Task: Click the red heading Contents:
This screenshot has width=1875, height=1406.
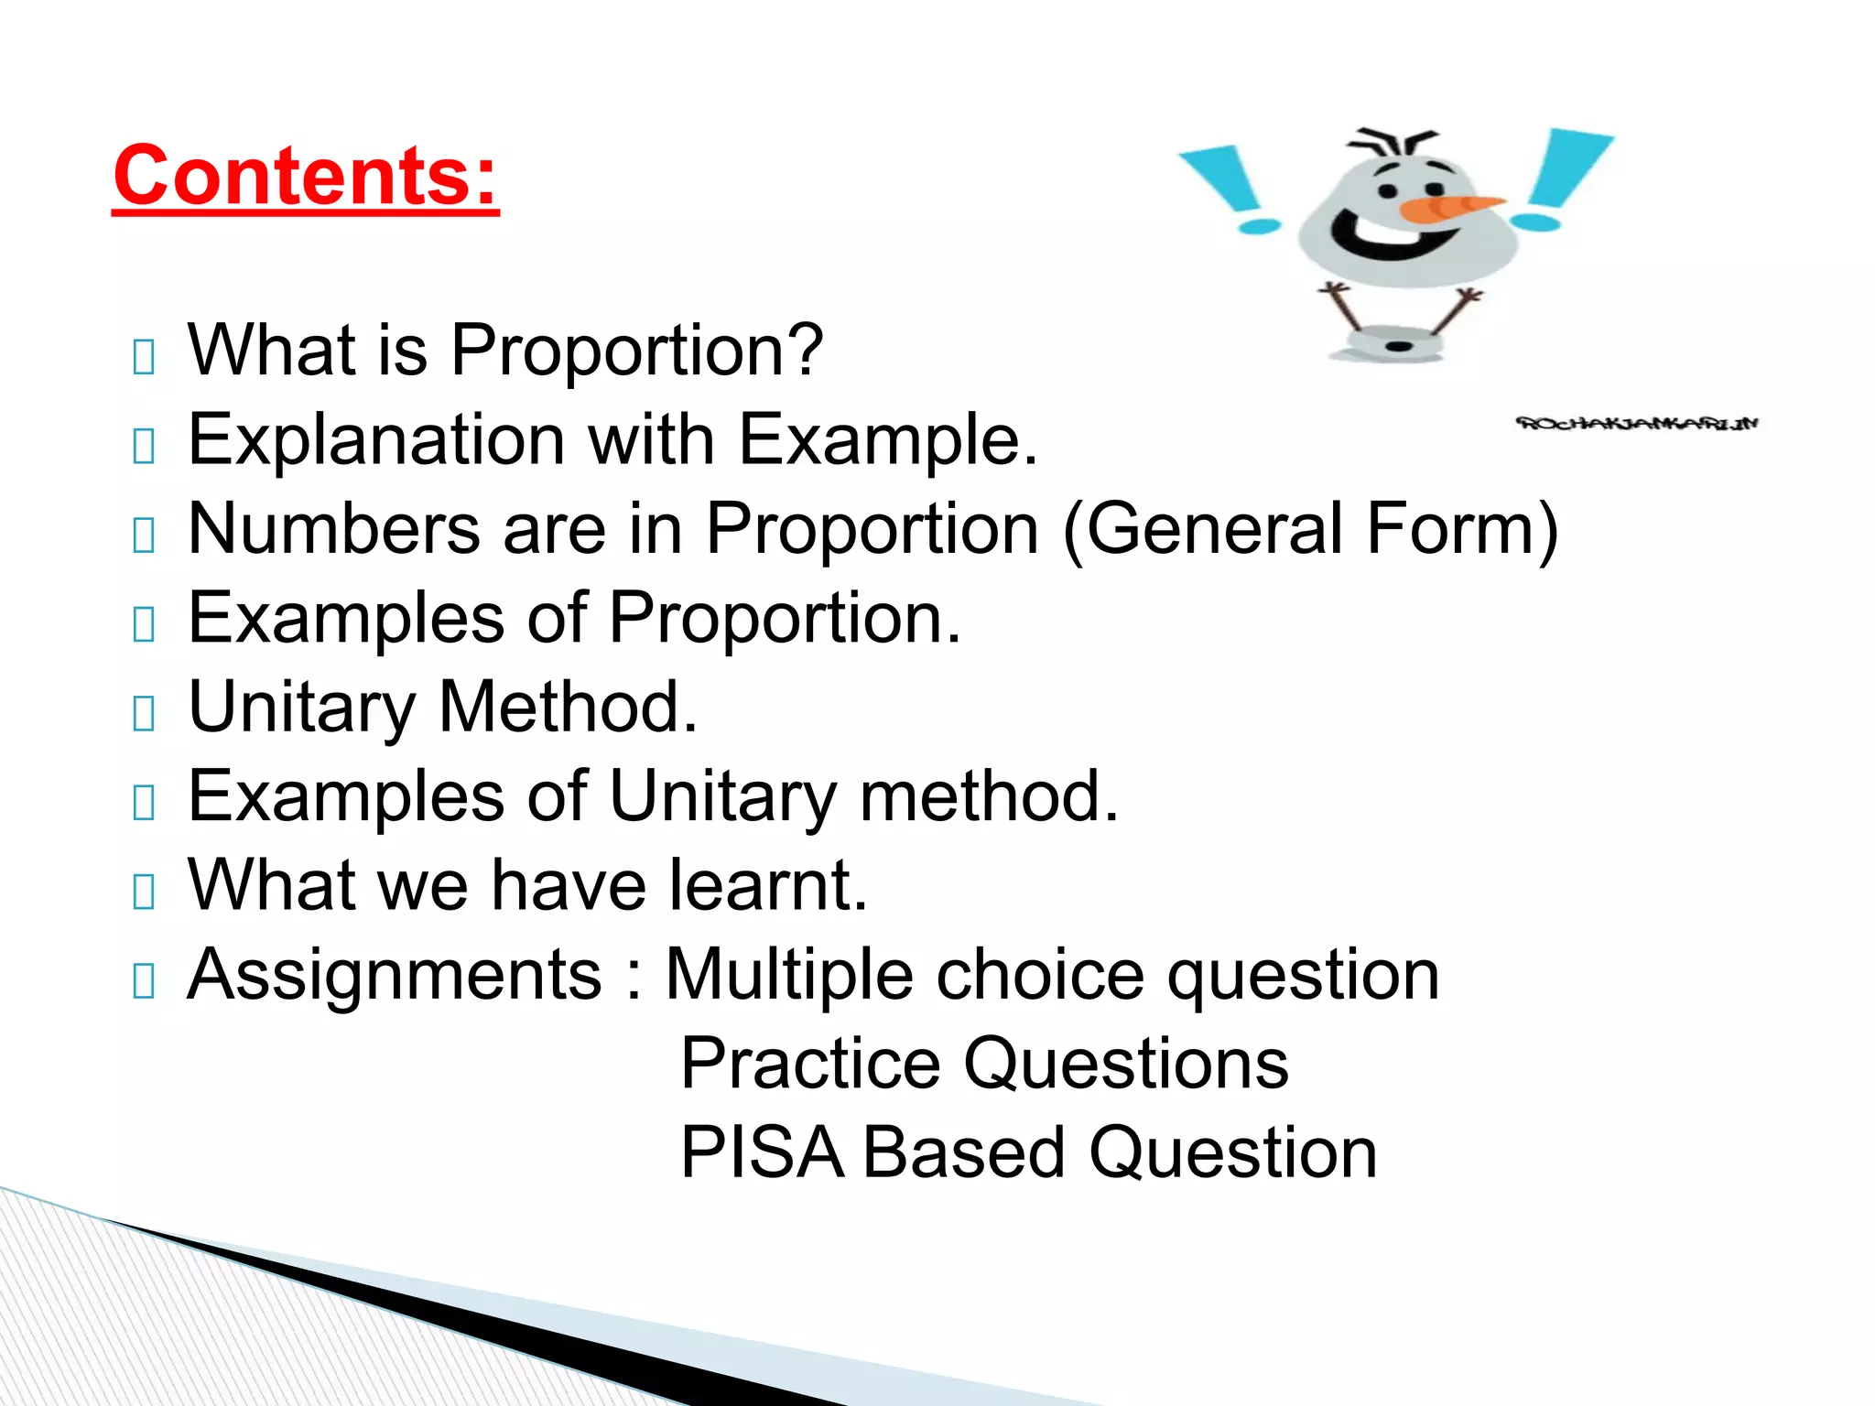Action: (306, 176)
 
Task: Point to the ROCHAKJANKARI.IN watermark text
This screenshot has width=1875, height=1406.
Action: (1637, 423)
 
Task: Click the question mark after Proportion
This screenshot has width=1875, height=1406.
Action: (805, 350)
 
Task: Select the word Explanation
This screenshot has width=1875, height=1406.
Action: (376, 441)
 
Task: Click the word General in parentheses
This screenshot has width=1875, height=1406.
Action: (1212, 528)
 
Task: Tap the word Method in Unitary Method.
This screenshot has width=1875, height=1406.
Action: (568, 707)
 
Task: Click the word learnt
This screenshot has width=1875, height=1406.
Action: (767, 885)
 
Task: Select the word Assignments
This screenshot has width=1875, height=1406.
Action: (395, 975)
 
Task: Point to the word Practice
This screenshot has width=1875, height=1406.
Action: (810, 1064)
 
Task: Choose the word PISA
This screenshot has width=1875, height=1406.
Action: (762, 1152)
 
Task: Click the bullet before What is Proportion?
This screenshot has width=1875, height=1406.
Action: (144, 356)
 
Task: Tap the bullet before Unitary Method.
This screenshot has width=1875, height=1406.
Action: (144, 713)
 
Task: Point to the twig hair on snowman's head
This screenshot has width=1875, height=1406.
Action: (1392, 143)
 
